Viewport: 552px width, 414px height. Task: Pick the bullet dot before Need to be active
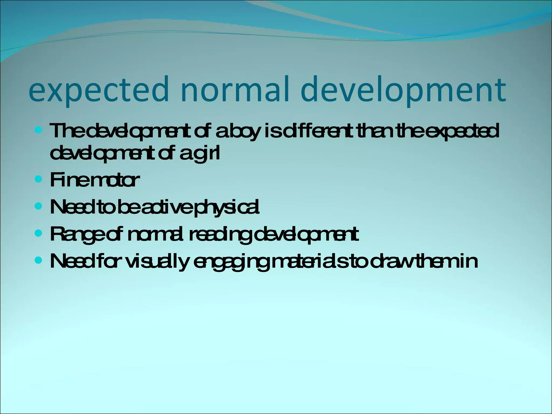[39, 206]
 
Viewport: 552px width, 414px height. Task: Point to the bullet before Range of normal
[39, 233]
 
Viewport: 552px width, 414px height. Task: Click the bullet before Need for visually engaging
[39, 260]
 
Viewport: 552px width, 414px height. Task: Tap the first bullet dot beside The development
[39, 130]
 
